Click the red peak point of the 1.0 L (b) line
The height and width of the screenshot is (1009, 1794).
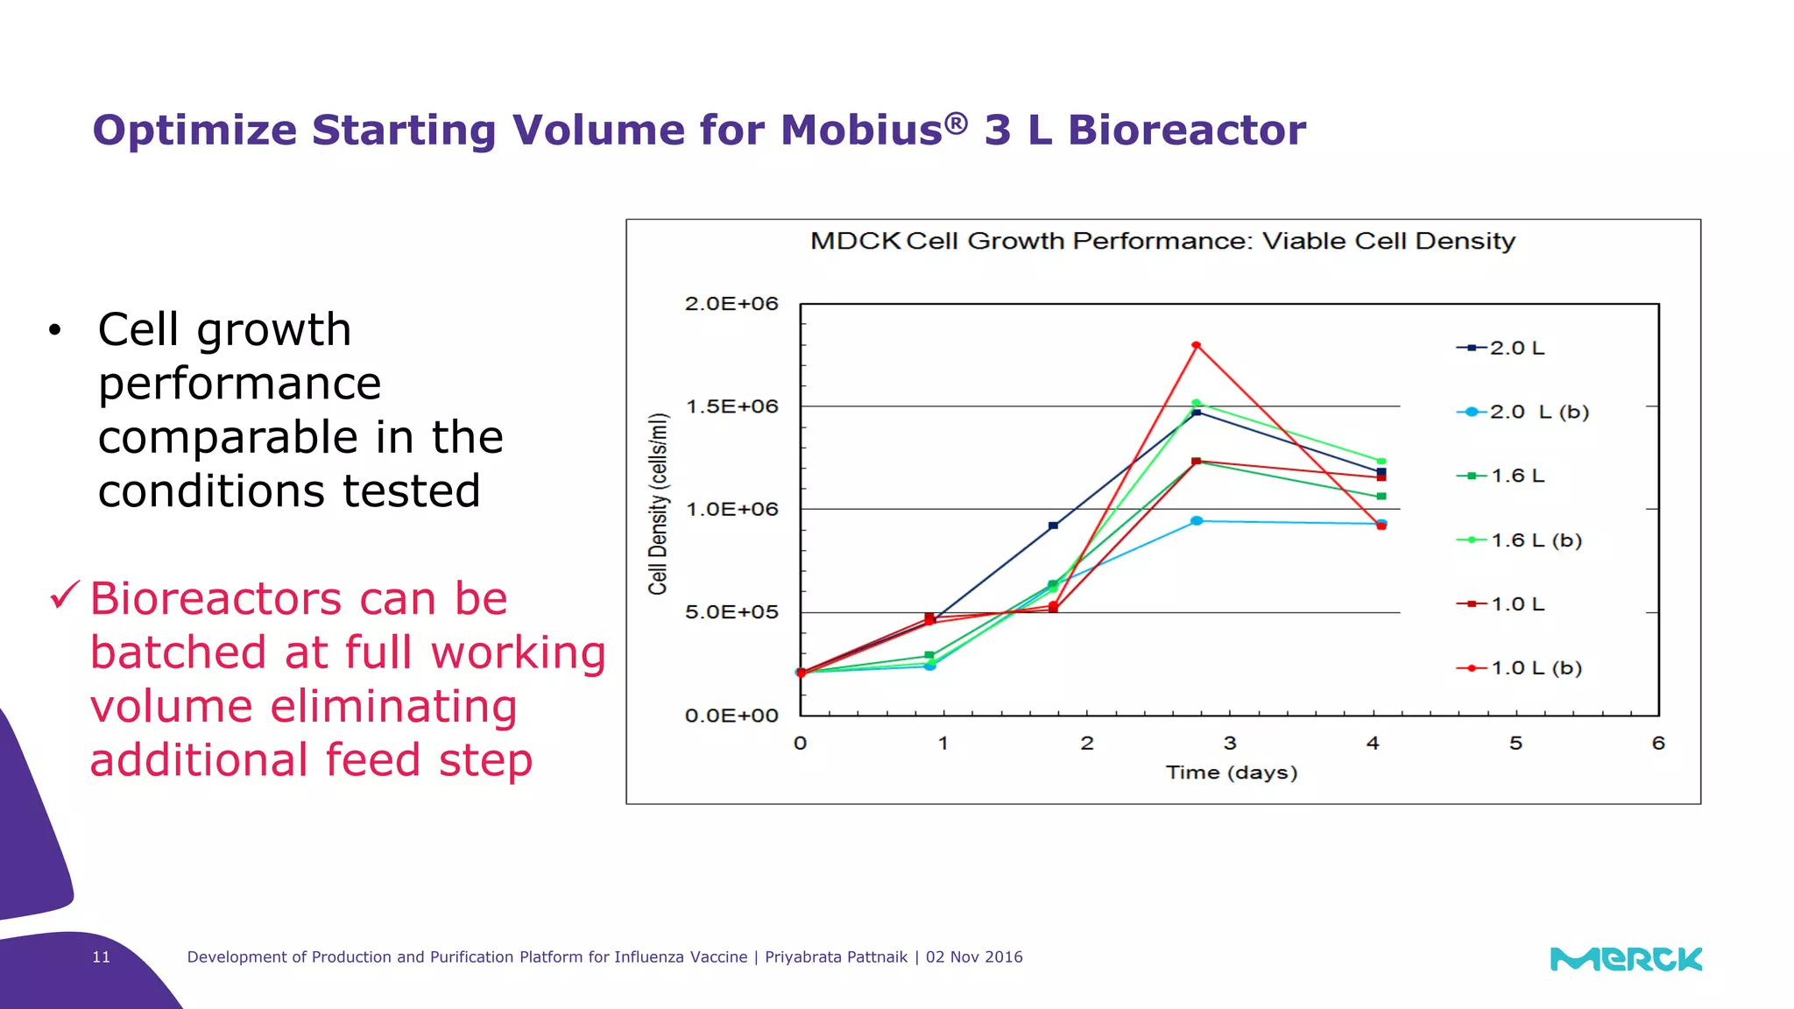point(1196,345)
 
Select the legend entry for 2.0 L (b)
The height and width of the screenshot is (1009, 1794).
point(1523,412)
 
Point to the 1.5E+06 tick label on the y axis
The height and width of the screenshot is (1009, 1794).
point(731,406)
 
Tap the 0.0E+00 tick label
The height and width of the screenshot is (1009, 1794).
point(731,716)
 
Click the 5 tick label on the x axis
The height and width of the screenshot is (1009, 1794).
point(1515,744)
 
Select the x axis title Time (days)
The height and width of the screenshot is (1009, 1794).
point(1231,773)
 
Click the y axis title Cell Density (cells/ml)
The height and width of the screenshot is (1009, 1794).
point(658,504)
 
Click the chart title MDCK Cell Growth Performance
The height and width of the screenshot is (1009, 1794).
point(1162,241)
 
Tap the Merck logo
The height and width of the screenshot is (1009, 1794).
point(1626,959)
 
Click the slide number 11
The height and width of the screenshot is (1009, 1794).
point(102,957)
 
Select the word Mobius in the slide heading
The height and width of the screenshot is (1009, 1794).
point(861,131)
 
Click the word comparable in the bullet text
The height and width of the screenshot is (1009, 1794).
point(229,437)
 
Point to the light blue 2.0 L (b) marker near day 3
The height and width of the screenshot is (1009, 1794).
point(1197,521)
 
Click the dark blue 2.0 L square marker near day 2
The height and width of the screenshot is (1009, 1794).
point(1053,526)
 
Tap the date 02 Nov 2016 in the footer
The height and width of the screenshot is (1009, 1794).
point(974,957)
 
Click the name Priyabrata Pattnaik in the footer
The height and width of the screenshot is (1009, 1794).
point(836,957)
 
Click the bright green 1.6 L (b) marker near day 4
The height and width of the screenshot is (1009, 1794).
point(1381,461)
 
